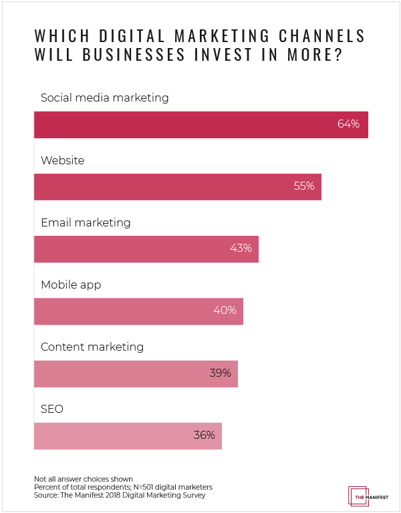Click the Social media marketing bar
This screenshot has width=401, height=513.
coord(200,124)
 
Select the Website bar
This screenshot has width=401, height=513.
coord(177,186)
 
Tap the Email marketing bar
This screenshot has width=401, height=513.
coord(146,248)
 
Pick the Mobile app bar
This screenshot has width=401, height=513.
coord(138,311)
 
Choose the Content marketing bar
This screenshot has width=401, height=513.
coord(136,373)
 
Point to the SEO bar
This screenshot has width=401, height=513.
coord(128,436)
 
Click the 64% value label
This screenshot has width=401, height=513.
coord(348,124)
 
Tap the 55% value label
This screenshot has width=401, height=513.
coord(303,186)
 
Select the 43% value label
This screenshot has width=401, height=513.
coord(241,248)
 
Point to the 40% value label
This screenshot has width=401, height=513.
coord(225,311)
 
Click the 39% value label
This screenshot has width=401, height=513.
coord(220,373)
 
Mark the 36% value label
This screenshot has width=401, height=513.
coord(204,436)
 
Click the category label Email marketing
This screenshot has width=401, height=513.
coord(86,222)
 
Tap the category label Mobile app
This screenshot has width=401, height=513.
coord(71,285)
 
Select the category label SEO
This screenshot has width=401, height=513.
coord(52,409)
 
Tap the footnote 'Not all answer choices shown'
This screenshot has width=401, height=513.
coord(84,480)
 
